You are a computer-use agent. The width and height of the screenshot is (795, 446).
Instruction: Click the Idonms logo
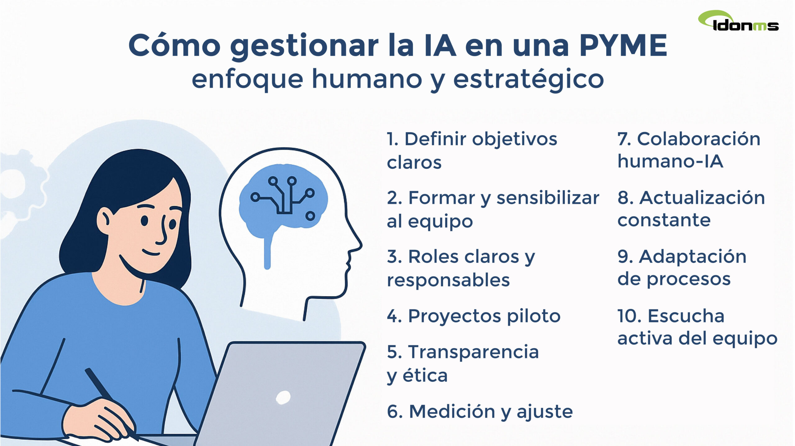click(738, 22)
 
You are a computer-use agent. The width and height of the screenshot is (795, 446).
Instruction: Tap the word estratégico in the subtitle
click(528, 79)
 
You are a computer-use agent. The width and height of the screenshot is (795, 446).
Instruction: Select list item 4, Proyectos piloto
click(473, 316)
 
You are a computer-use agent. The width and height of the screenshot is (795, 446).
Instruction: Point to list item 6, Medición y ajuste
click(479, 412)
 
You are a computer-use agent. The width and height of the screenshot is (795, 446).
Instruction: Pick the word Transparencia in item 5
click(473, 352)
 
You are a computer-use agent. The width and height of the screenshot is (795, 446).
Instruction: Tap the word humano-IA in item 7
click(670, 161)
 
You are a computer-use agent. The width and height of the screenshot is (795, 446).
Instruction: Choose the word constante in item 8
click(664, 220)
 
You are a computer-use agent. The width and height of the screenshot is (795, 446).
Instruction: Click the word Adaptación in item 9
click(693, 257)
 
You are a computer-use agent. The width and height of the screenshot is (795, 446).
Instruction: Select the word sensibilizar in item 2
click(548, 198)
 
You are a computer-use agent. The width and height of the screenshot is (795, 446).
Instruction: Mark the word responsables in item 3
click(448, 280)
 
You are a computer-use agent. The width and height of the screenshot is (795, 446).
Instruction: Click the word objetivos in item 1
click(515, 139)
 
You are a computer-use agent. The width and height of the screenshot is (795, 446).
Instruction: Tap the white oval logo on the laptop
click(283, 398)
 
